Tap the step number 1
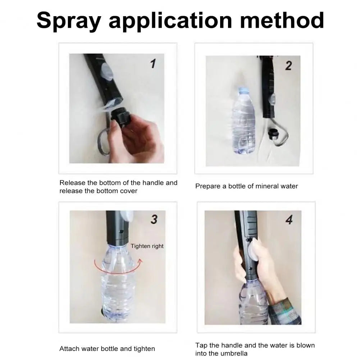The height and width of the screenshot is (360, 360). [153, 64]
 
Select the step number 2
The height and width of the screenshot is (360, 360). [288, 66]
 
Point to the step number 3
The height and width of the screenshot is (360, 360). [154, 219]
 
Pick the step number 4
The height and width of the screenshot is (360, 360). [289, 220]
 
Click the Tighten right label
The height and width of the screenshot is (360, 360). [147, 246]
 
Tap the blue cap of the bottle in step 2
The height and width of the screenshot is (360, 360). [242, 90]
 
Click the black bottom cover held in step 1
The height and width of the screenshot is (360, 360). [120, 116]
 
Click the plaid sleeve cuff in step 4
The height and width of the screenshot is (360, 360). [285, 311]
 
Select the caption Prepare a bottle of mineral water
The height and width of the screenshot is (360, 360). [246, 186]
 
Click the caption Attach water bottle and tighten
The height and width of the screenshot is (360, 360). [107, 349]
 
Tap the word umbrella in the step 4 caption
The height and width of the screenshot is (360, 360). [233, 353]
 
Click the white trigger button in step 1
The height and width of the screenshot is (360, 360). [107, 71]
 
